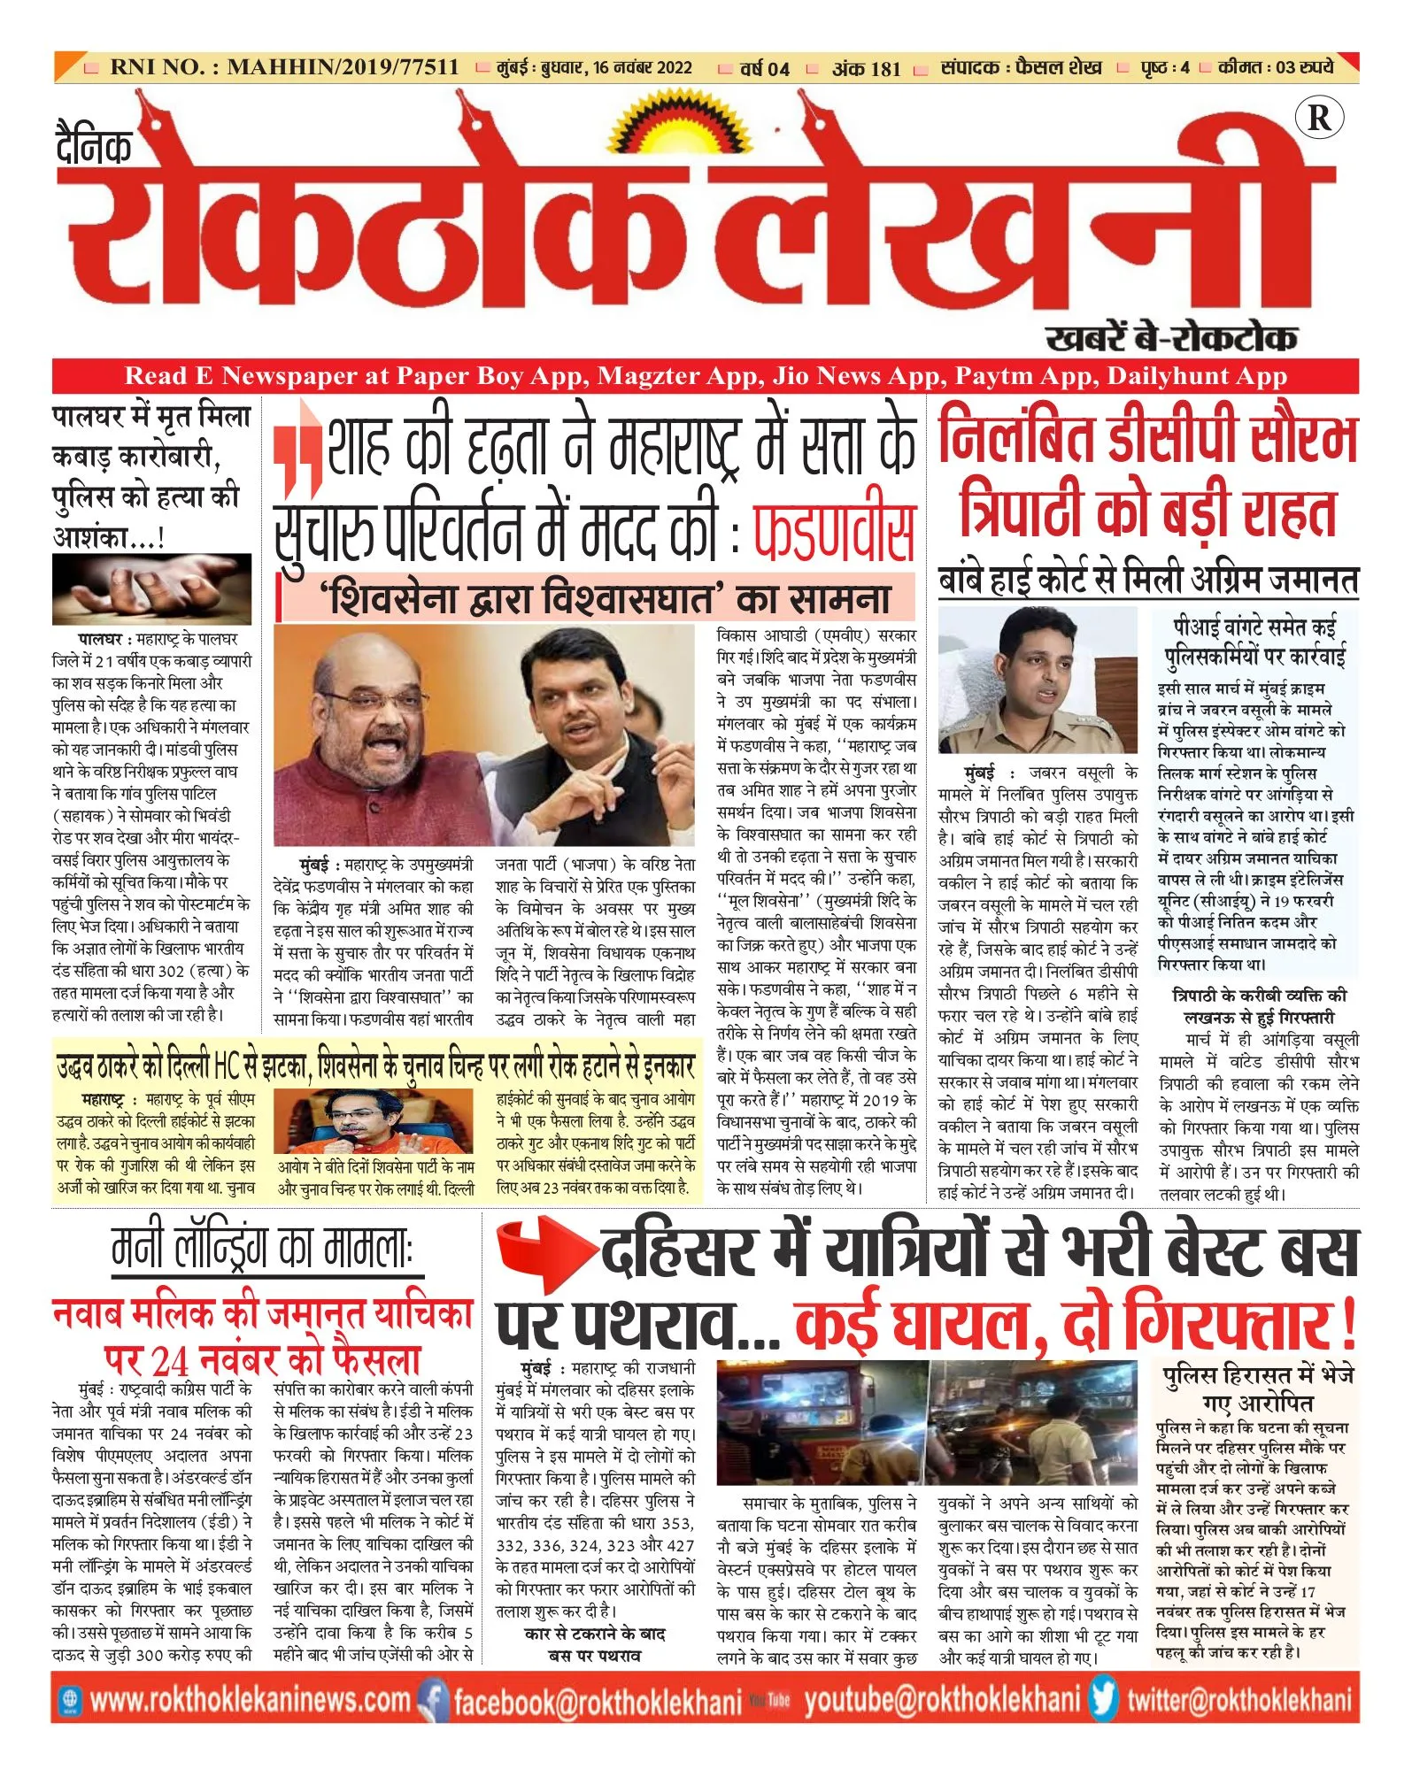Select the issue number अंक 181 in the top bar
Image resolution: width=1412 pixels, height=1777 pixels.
click(866, 68)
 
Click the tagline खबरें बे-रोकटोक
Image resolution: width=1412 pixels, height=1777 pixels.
click(1170, 337)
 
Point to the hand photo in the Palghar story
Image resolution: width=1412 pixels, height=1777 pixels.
click(150, 588)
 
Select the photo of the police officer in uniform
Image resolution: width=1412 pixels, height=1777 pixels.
click(1037, 679)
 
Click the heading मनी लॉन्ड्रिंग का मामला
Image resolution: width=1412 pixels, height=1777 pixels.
click(263, 1250)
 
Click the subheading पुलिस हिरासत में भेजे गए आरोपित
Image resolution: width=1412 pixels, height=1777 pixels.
click(1257, 1389)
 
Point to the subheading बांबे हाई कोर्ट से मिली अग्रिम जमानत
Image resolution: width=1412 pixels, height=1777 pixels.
click(1147, 581)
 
